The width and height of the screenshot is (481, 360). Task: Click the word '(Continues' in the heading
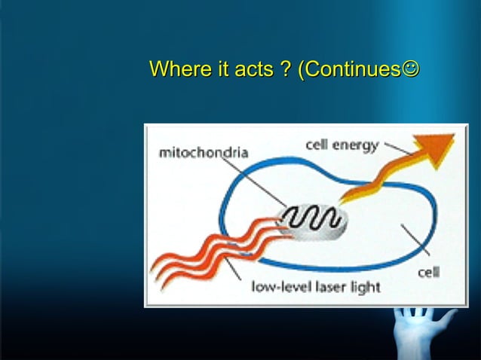348,70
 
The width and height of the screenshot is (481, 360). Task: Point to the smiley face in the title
409,70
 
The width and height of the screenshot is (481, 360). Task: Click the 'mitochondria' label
203,153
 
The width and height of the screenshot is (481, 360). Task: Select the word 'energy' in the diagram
354,145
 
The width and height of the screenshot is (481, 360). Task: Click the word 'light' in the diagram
365,287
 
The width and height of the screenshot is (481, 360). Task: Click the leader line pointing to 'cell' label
417,243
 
